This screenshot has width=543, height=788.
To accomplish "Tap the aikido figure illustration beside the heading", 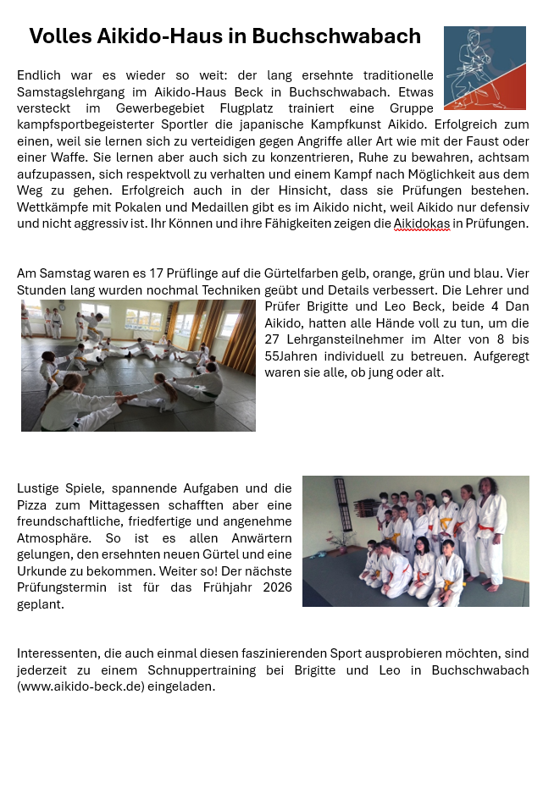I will (x=485, y=68).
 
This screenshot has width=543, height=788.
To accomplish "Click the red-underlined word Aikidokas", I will (x=421, y=223).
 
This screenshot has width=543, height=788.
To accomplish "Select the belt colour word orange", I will (x=375, y=273).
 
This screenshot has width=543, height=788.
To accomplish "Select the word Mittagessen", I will (x=125, y=505).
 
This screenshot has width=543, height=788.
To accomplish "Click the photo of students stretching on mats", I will (x=138, y=366).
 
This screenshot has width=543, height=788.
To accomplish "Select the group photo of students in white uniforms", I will (x=415, y=541).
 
